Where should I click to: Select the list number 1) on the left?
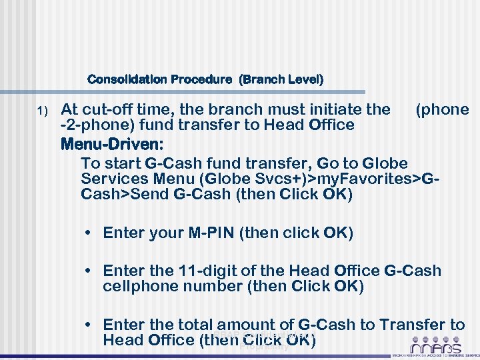pyautogui.click(x=43, y=110)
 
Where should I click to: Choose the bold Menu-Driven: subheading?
pyautogui.click(x=112, y=144)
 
